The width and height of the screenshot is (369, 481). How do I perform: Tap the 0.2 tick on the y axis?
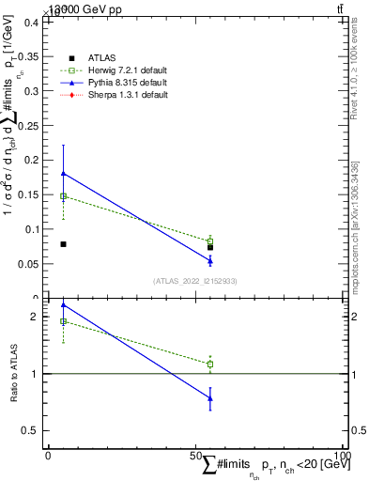coord(34,160)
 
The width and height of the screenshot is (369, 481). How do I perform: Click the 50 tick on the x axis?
coord(195,455)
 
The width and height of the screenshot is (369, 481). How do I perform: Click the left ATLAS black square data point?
coord(63,244)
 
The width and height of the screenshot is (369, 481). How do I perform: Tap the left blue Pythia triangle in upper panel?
coord(63,173)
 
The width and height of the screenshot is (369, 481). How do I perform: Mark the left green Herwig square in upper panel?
coord(63,195)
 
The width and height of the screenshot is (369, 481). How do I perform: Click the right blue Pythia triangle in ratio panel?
coord(210,398)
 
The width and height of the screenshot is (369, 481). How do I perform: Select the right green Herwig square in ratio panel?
coord(210,364)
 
